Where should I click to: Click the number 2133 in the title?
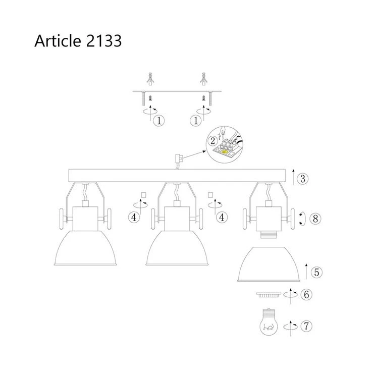tap(104, 40)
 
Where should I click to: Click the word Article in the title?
tap(58, 40)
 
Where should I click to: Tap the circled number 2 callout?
tap(212, 141)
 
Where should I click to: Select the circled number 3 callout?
tap(303, 178)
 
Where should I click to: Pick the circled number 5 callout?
tap(317, 272)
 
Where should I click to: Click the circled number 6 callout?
tap(306, 294)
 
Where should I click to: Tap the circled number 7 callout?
tap(306, 326)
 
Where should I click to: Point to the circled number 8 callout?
tap(315, 219)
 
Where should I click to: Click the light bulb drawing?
tap(269, 322)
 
